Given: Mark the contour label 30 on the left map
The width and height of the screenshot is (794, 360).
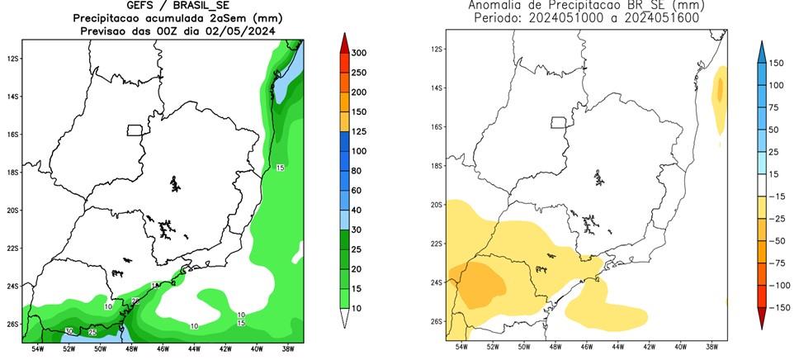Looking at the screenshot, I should [69, 330].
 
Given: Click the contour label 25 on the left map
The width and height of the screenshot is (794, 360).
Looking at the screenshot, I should [92, 332].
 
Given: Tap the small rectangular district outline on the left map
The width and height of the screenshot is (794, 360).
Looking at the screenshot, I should [136, 130].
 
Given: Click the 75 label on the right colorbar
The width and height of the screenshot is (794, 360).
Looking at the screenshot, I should [776, 107].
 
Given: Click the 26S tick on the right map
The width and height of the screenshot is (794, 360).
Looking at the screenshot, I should [437, 321].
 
